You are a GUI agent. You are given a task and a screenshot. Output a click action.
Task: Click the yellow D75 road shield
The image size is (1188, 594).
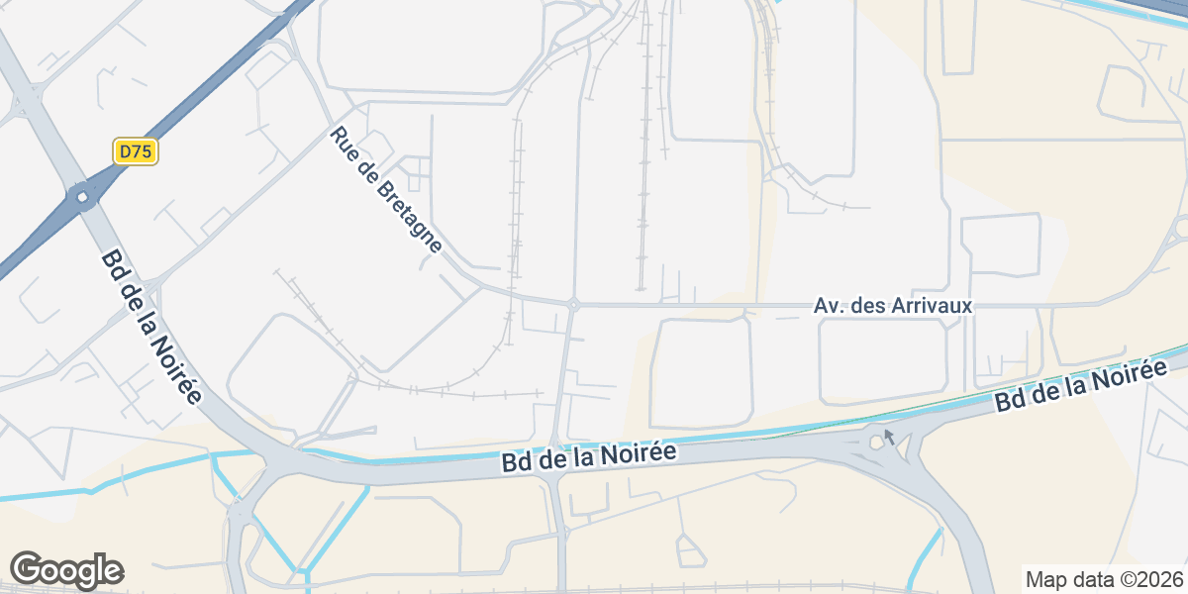point(135,151)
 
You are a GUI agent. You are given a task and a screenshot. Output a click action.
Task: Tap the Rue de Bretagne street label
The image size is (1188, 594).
point(385,190)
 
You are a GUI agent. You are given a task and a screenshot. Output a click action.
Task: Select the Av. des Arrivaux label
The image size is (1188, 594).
point(892,306)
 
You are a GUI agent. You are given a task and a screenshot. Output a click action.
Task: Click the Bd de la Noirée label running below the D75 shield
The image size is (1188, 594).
point(150,327)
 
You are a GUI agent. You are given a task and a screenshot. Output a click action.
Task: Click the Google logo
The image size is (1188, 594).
point(66,570)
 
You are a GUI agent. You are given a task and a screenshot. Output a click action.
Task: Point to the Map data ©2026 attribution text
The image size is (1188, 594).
point(1103,579)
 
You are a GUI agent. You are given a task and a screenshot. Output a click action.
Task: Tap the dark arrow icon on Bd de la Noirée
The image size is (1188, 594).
point(889,436)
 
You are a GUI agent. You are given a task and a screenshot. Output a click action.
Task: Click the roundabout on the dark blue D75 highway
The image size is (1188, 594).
point(82,197)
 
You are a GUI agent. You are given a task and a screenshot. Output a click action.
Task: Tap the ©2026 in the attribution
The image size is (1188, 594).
point(1154,579)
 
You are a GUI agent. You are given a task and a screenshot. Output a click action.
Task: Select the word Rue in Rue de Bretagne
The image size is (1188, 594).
point(343,141)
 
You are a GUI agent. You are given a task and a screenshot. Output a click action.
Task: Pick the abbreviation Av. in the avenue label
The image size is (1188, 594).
point(828,306)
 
